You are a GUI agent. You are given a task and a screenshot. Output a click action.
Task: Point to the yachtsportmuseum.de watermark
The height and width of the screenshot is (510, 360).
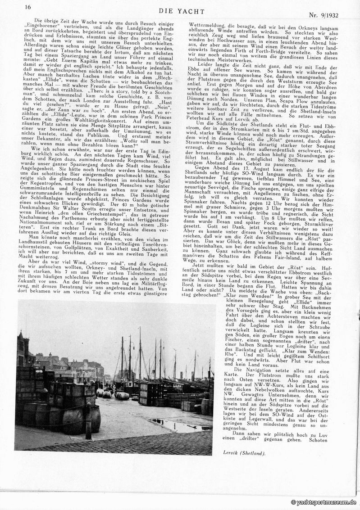point(324,502)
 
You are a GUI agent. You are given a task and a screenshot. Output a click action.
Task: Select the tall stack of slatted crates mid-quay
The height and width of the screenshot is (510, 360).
point(147,393)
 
